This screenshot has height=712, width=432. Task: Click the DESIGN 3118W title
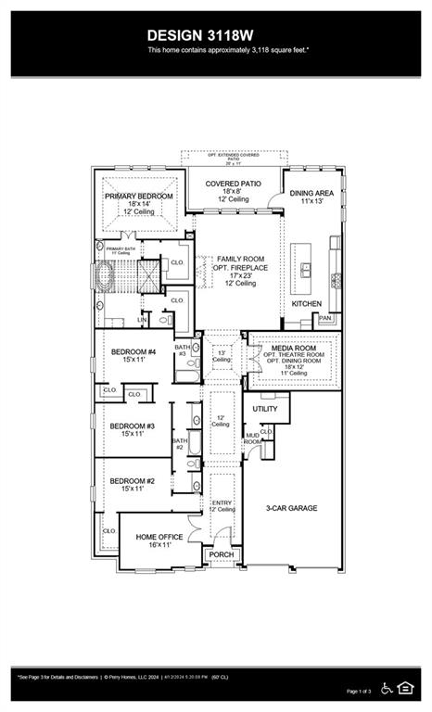(x=216, y=34)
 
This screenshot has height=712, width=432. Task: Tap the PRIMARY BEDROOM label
(x=139, y=197)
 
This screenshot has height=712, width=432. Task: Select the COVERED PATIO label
(x=232, y=184)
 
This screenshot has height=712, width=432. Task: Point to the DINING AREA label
(x=311, y=194)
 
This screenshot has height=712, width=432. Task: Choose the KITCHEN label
(x=307, y=304)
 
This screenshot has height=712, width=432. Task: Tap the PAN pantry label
(x=324, y=318)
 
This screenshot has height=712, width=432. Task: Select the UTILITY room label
(x=265, y=409)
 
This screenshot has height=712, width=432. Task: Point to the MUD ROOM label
(x=252, y=438)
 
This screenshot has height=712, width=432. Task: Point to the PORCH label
(x=222, y=555)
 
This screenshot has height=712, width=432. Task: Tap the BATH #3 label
(x=183, y=350)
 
